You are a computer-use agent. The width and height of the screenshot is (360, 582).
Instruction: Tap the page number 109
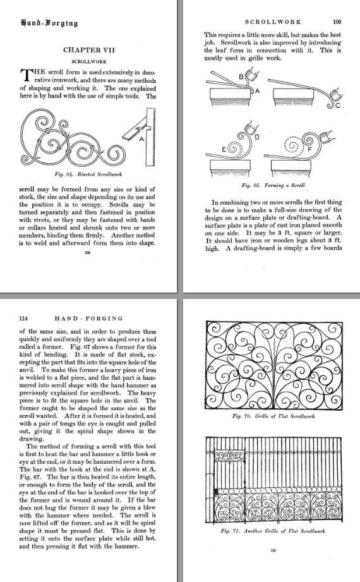coord(337,21)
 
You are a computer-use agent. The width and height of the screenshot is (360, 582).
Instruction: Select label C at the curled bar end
coord(338,106)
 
